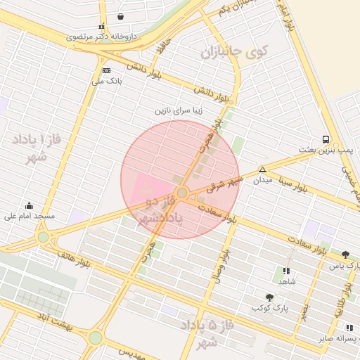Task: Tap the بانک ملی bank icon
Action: pos(106,70)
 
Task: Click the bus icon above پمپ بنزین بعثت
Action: pos(326,139)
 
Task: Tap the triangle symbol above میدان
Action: pos(262,169)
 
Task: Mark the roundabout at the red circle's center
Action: pos(181,192)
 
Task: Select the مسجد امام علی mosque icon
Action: pos(29,205)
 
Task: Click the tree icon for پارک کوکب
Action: pos(269,297)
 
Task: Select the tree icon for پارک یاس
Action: pos(345,255)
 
